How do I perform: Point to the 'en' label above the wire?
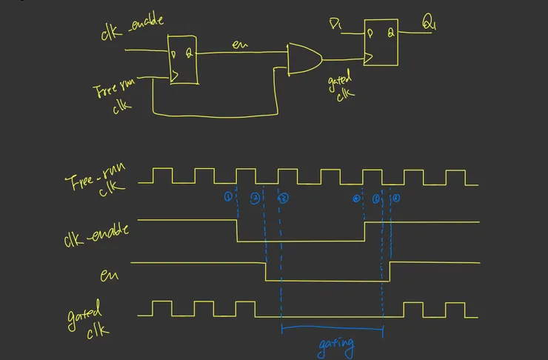pos(238,46)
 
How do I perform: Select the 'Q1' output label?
pos(430,24)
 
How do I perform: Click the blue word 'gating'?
pos(335,344)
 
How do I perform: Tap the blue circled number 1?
pos(228,198)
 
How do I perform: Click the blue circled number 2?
pos(255,198)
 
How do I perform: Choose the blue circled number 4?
pos(356,199)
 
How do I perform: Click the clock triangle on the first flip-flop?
pos(175,74)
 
